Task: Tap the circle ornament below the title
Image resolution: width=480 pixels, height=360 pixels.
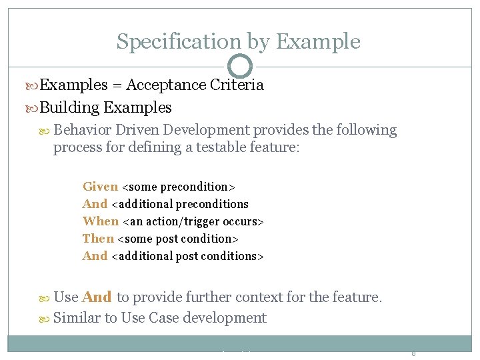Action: coord(240,66)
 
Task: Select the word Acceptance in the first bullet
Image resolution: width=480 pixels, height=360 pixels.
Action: coord(166,85)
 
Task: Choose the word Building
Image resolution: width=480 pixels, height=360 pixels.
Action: coord(70,107)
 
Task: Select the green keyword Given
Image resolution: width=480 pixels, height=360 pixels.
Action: coord(100,187)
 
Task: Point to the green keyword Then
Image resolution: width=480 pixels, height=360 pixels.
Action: coord(98,239)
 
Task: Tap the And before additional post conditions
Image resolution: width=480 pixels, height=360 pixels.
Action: coord(95,256)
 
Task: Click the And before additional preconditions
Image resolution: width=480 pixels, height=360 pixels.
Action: coord(95,204)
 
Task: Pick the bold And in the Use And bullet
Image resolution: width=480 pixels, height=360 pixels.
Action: coord(97,297)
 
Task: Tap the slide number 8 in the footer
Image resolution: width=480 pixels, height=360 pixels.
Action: coord(413,353)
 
